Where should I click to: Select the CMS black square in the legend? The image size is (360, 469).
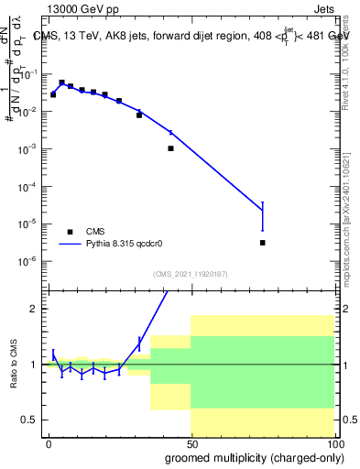[x=70, y=232]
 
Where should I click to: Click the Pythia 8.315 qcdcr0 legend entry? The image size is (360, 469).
[x=120, y=245]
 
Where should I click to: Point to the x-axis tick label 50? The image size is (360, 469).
[x=191, y=442]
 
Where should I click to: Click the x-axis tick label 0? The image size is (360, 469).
[x=49, y=442]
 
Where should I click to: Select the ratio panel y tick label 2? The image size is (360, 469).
[x=33, y=309]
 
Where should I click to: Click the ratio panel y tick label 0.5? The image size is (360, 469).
[x=28, y=420]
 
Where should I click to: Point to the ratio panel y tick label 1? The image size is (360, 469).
[x=33, y=365]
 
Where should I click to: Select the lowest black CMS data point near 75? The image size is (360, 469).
[x=262, y=243]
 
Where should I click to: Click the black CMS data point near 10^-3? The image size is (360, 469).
[x=170, y=147]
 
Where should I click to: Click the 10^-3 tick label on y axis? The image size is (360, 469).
[x=27, y=148]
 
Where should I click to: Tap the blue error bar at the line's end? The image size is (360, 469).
[x=262, y=216]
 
